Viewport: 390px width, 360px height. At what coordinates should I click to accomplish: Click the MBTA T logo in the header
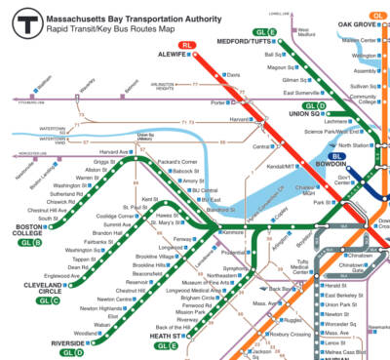pos(19,20)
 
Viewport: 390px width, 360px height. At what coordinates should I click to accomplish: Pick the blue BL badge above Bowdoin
pos(338,156)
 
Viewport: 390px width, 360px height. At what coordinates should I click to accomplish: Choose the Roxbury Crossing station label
pos(292,333)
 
